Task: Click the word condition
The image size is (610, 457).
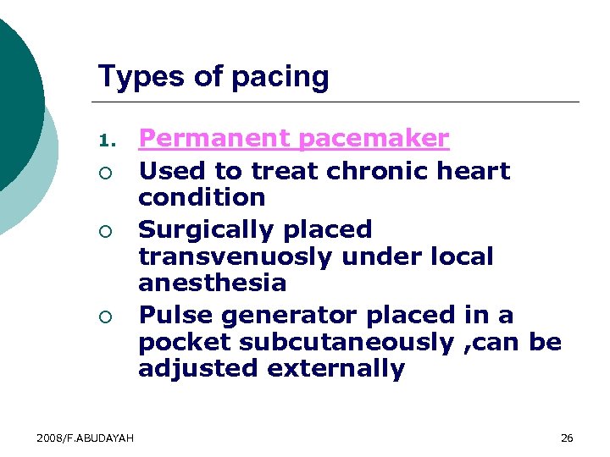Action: [x=202, y=197]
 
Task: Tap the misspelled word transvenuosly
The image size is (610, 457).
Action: [x=245, y=256]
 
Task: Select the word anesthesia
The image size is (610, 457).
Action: [x=213, y=283]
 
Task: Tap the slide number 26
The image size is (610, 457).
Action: [x=567, y=438]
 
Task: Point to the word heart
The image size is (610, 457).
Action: [x=475, y=171]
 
